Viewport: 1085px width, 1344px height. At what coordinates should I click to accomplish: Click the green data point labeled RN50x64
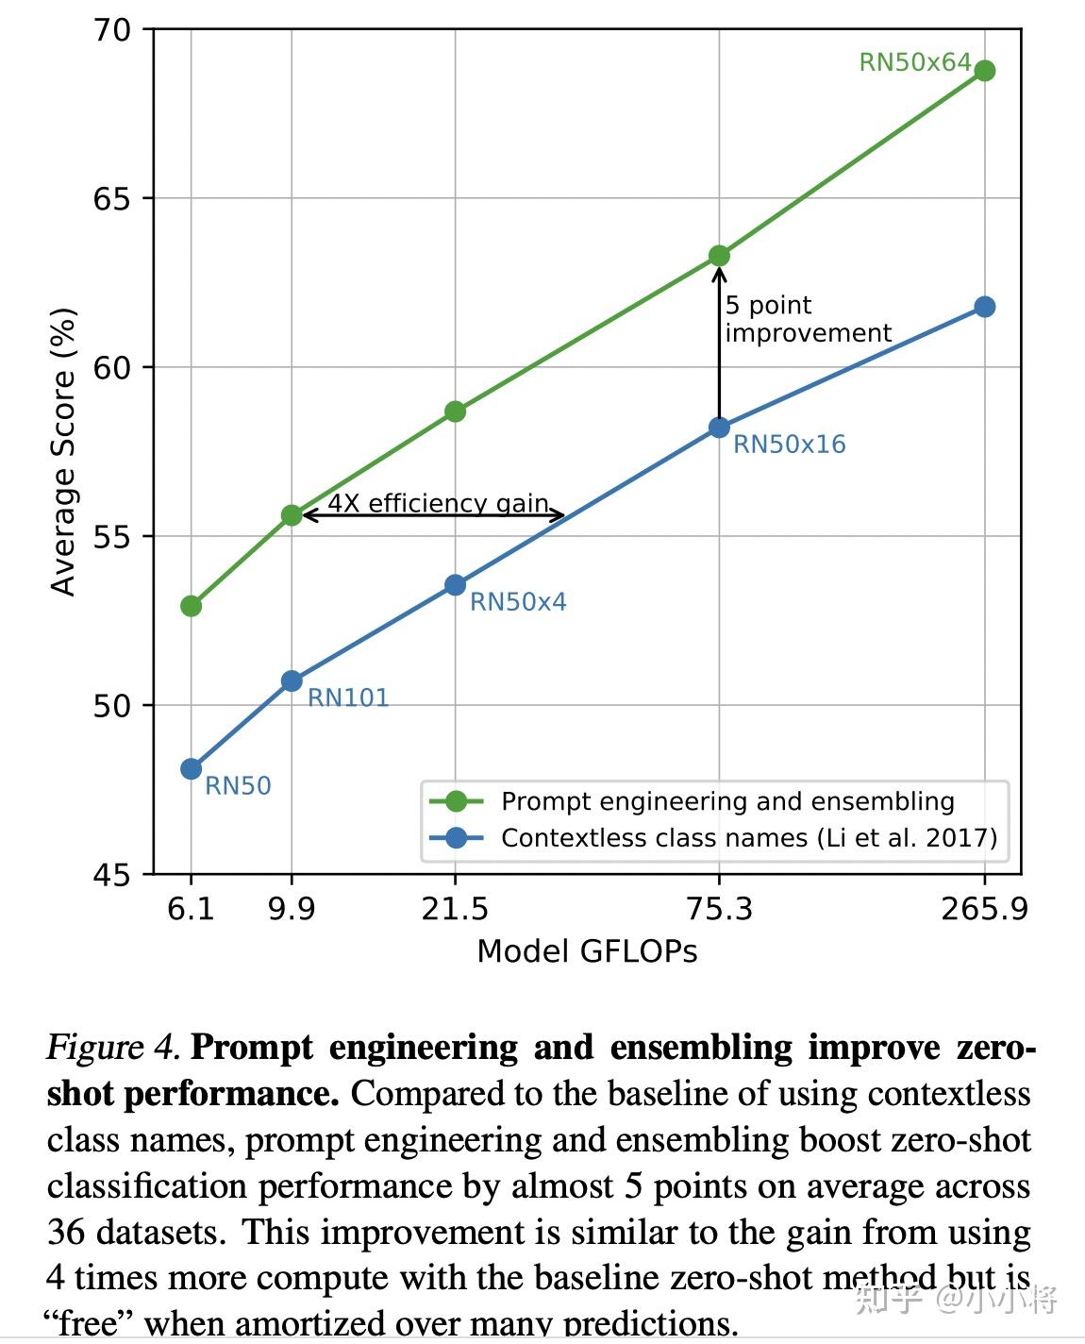(x=984, y=71)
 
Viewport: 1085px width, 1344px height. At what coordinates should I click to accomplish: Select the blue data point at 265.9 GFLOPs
(x=984, y=307)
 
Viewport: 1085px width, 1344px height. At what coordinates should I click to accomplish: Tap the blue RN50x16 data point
(x=719, y=428)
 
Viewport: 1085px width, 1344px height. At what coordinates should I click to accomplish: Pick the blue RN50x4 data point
(x=455, y=585)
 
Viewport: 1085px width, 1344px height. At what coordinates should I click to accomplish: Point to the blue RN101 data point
(x=292, y=681)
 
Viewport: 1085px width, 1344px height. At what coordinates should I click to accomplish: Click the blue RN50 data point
(x=192, y=769)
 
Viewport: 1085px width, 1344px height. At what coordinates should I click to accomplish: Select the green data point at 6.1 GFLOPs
(x=192, y=606)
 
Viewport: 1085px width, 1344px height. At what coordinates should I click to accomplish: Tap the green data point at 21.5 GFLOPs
(x=455, y=412)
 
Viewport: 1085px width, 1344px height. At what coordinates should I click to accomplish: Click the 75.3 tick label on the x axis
(x=719, y=909)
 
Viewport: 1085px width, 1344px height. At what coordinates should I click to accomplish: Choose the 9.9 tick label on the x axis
(x=292, y=909)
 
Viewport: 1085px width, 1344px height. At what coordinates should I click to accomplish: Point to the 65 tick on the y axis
(x=111, y=199)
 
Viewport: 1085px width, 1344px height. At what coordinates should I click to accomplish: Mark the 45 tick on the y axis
(x=111, y=875)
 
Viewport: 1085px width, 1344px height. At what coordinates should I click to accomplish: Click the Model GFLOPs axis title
(x=587, y=951)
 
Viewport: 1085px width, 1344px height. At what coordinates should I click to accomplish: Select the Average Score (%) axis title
(x=63, y=452)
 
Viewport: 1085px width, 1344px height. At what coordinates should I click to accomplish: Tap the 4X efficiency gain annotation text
(x=438, y=503)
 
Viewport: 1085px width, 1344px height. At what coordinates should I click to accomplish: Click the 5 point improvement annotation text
(x=807, y=319)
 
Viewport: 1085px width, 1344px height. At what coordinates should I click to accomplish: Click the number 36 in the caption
(x=66, y=1233)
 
